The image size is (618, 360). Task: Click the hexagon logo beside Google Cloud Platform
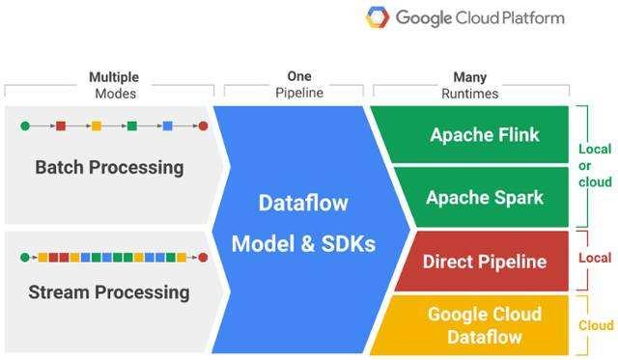coord(379,17)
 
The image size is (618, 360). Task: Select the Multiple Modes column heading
coord(113,85)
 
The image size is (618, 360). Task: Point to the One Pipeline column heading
coord(298,85)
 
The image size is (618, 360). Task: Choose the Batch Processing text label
coord(109,167)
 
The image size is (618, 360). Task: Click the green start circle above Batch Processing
coord(25,125)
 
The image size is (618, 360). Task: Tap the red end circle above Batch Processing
coord(203,125)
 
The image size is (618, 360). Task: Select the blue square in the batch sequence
coord(167,125)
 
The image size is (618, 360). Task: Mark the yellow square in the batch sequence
coord(96,125)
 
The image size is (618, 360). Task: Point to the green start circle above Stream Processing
coord(25,258)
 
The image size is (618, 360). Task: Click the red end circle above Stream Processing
coord(203,258)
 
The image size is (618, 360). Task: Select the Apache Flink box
coord(485,134)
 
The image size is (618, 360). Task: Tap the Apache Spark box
coord(485,197)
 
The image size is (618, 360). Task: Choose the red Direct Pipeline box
coord(485,261)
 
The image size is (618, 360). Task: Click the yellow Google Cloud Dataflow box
coord(485,325)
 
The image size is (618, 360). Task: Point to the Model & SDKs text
coord(303,244)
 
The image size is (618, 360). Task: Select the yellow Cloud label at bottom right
coord(596,325)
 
